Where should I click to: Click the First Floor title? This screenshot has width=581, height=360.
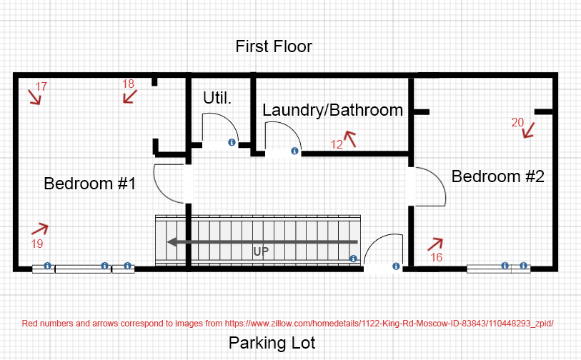274,46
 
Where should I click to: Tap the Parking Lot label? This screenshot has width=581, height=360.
272,344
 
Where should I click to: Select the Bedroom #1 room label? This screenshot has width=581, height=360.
90,184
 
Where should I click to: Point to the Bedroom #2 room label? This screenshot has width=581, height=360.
498,176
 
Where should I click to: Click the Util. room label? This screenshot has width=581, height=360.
217,98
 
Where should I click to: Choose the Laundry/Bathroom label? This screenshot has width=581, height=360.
333,111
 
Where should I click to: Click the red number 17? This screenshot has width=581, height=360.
41,86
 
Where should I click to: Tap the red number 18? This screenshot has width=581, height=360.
128,84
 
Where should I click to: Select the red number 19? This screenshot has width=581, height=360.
37,244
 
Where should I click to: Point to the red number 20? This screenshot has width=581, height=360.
517,122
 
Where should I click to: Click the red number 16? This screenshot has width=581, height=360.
437,257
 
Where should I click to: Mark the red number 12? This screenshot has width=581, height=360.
337,144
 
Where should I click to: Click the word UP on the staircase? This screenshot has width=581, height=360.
261,252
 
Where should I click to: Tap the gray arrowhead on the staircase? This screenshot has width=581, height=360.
172,242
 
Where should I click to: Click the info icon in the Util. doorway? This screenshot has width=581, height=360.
232,142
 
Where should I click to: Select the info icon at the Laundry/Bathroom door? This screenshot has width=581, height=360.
294,151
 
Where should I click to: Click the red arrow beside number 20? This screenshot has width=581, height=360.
529,131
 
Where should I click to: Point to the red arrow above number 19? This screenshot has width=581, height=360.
40,229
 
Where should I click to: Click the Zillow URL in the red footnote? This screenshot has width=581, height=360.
389,324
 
